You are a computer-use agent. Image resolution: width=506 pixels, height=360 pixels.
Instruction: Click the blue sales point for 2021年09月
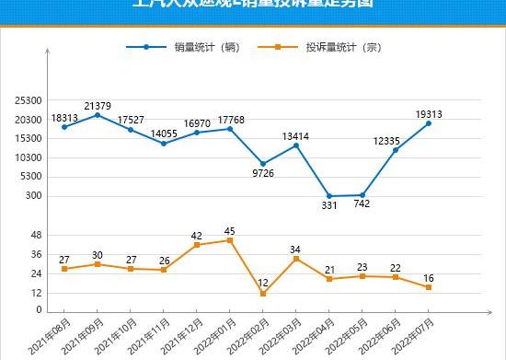[98, 115]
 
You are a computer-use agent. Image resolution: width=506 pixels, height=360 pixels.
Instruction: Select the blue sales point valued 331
[329, 196]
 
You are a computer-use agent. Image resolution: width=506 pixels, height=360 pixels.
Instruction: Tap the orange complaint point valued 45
[230, 240]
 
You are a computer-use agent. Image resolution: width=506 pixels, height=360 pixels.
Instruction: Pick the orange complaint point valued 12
[263, 294]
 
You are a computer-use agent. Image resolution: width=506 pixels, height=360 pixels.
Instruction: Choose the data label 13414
[296, 136]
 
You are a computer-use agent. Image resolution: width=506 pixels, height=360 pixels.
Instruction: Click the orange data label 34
[296, 249]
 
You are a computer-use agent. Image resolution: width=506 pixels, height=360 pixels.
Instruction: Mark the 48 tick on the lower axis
[37, 235]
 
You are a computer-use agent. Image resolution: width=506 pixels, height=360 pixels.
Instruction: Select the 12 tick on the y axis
[37, 293]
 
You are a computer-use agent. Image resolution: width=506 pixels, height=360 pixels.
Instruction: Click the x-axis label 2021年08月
[52, 331]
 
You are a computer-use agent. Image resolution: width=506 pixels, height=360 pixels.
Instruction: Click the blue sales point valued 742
[362, 195]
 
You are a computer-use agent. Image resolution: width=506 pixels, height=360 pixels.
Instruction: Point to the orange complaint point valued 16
[429, 287]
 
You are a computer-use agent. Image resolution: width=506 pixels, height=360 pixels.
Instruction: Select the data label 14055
[164, 133]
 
